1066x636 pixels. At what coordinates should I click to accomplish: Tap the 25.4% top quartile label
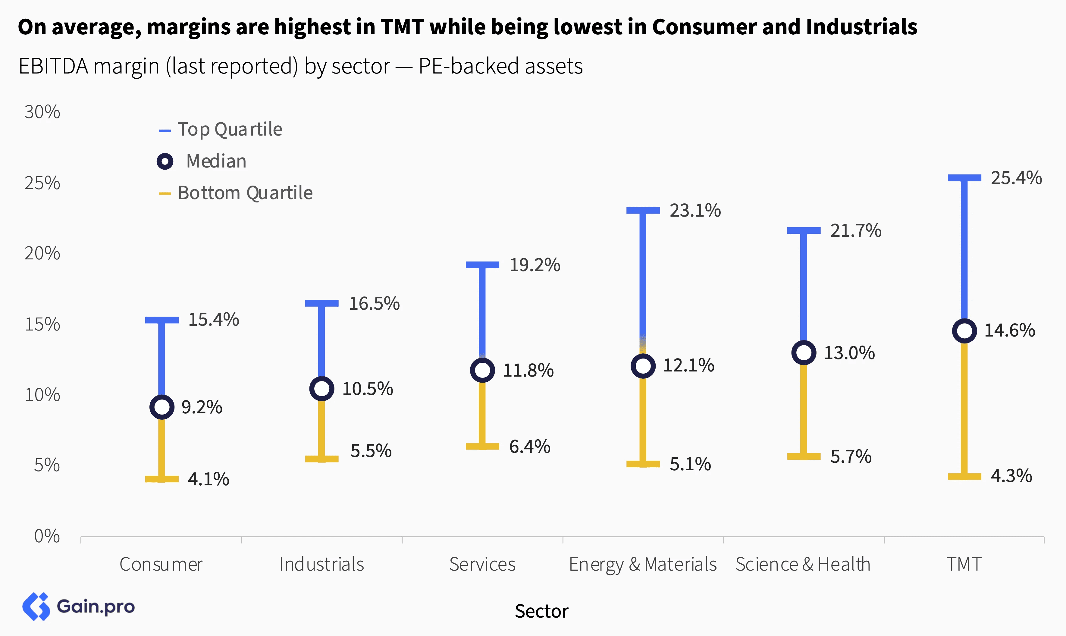(1016, 178)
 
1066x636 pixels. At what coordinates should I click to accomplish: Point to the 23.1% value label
(695, 210)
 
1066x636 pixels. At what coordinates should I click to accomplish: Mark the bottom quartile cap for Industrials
(321, 459)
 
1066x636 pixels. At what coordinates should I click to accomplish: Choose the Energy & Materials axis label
(642, 564)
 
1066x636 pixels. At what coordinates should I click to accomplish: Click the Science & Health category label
(803, 564)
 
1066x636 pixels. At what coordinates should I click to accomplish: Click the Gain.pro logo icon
(36, 606)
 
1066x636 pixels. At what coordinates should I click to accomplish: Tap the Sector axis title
(541, 611)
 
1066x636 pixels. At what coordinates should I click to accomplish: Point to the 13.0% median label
(849, 353)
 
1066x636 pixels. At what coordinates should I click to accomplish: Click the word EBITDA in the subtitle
(53, 66)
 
